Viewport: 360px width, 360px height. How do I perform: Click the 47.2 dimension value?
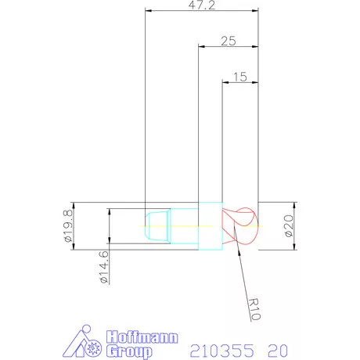point(202,5)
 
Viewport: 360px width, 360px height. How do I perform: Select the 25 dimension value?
point(229,41)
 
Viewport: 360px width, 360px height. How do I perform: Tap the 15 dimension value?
point(240,77)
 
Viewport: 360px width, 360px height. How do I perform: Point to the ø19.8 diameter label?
point(68,226)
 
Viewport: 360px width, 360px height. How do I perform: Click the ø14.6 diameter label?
point(103,267)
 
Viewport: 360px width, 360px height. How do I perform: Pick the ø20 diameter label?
point(289,226)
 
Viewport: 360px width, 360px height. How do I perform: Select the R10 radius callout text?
point(254,309)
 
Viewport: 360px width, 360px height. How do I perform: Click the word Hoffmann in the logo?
point(142,337)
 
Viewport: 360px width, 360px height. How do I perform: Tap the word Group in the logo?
point(129,351)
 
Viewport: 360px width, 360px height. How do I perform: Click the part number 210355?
point(221,351)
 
